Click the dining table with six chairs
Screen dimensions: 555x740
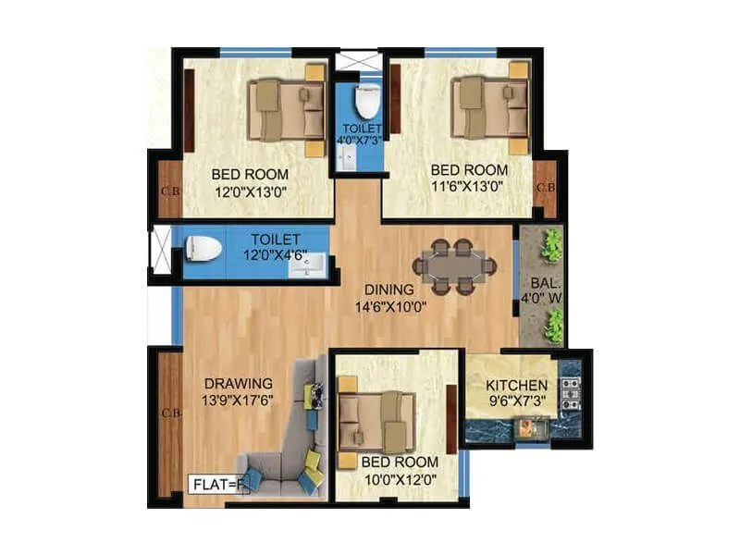click(x=454, y=266)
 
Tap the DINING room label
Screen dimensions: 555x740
click(x=388, y=290)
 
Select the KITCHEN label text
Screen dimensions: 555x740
click(x=516, y=384)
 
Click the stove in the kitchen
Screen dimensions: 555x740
click(x=569, y=393)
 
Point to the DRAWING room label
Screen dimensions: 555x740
click(x=239, y=383)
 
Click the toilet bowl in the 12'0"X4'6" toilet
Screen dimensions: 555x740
click(x=203, y=249)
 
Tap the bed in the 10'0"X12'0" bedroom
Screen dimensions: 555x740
click(x=375, y=421)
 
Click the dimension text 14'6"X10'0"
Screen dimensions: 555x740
click(x=388, y=307)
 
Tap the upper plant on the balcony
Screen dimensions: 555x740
click(x=551, y=245)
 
